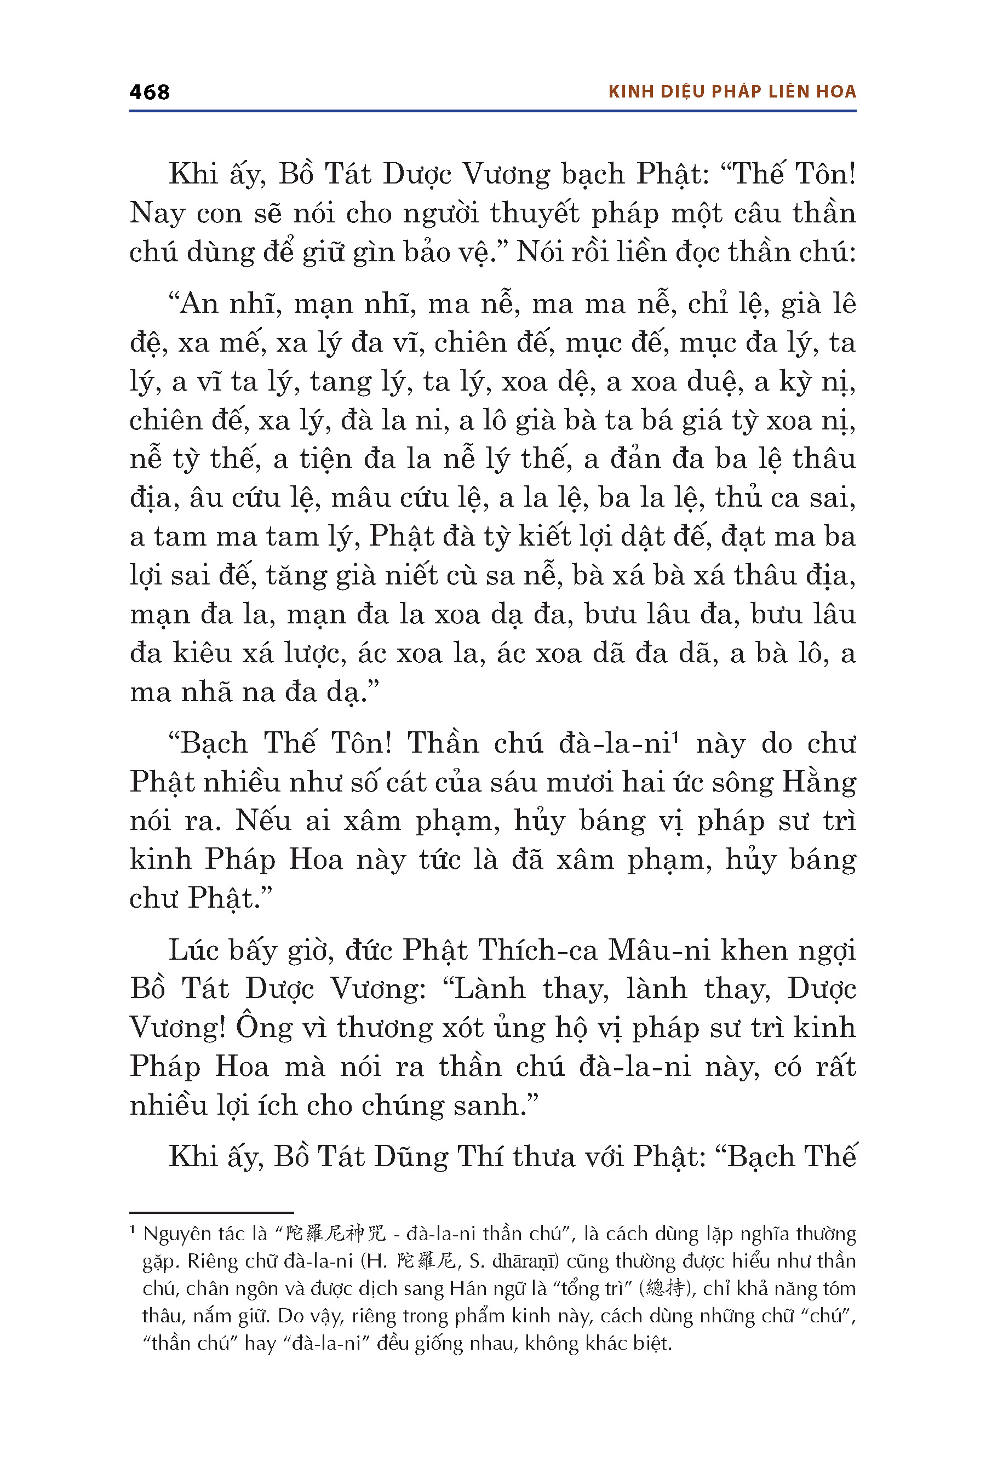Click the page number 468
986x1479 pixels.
click(x=149, y=92)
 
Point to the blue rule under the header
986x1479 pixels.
click(x=492, y=111)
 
